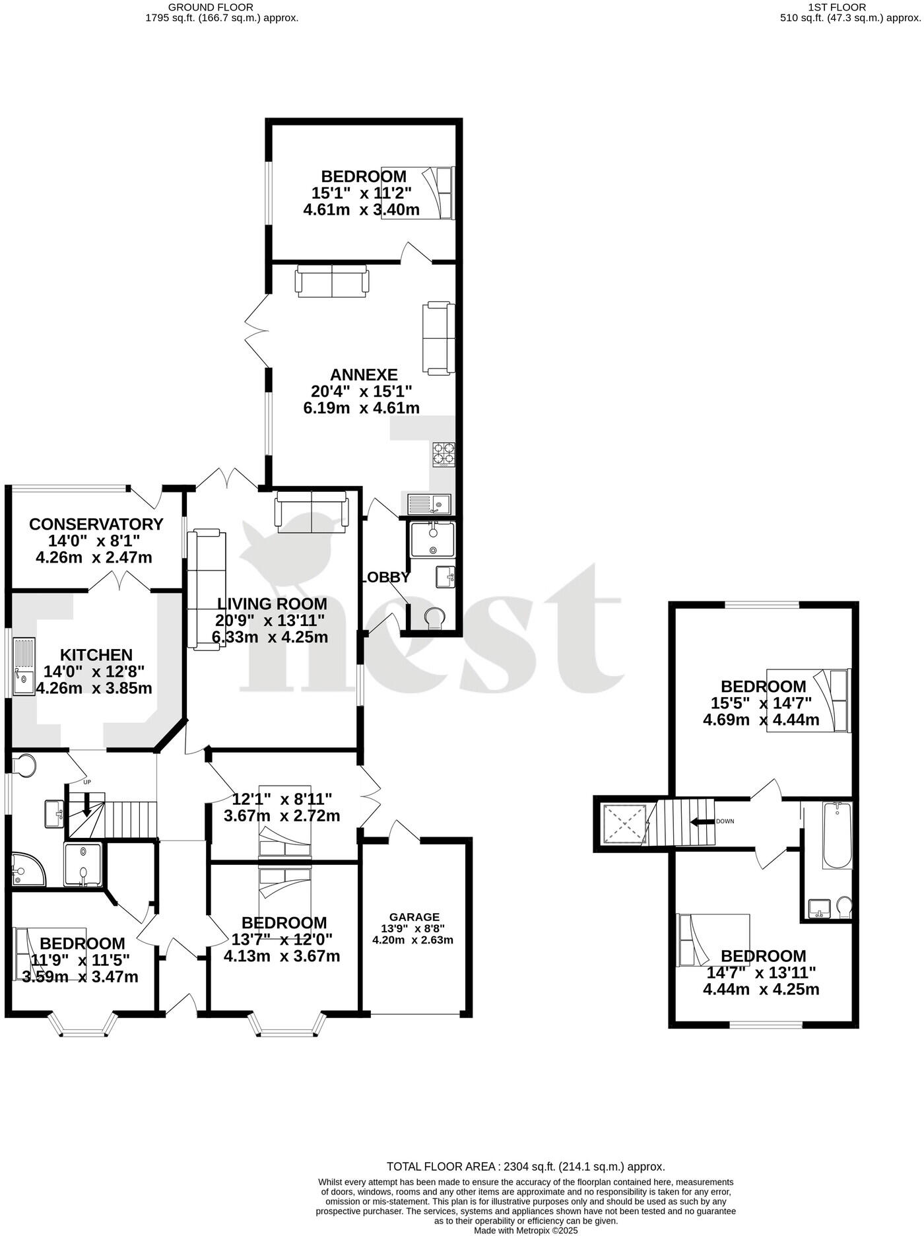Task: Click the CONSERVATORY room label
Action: coord(96,524)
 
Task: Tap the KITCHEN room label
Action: coord(96,655)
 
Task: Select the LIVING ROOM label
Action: coord(272,603)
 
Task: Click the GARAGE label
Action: coord(414,917)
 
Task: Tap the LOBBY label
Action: coord(387,577)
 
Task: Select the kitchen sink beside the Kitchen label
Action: coord(24,666)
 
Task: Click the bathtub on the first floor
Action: coord(837,835)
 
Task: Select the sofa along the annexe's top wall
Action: coord(332,281)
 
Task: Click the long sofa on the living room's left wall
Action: coord(206,589)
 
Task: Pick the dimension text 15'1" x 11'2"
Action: coord(362,193)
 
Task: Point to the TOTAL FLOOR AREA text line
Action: coord(525,1167)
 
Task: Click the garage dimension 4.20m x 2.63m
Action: coord(413,940)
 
